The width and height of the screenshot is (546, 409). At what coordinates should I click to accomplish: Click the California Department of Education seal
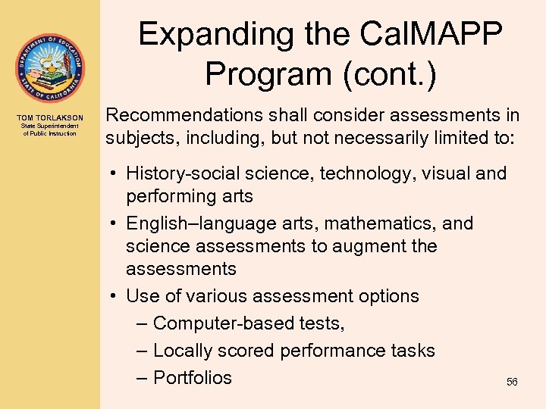pyautogui.click(x=49, y=68)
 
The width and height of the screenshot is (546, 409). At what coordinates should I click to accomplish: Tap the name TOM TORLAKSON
pyautogui.click(x=50, y=117)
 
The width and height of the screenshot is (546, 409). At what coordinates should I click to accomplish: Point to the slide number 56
pyautogui.click(x=512, y=382)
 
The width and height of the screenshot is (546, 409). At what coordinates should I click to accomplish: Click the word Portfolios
pyautogui.click(x=193, y=377)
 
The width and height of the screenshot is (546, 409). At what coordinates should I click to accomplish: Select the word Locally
pyautogui.click(x=183, y=351)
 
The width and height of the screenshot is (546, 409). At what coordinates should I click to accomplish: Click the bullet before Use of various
pyautogui.click(x=111, y=296)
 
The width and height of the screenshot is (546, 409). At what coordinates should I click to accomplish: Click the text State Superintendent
pyautogui.click(x=50, y=126)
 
